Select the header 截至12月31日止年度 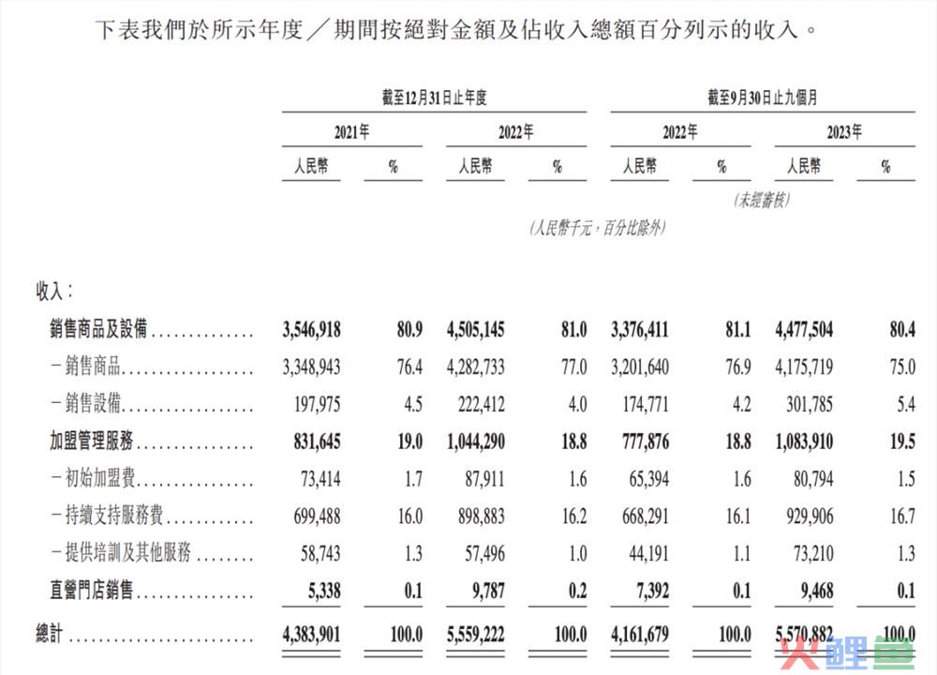tap(435, 97)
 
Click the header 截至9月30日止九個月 tap(763, 97)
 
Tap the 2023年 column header tap(843, 132)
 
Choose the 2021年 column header tap(351, 132)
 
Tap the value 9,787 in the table tap(488, 592)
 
